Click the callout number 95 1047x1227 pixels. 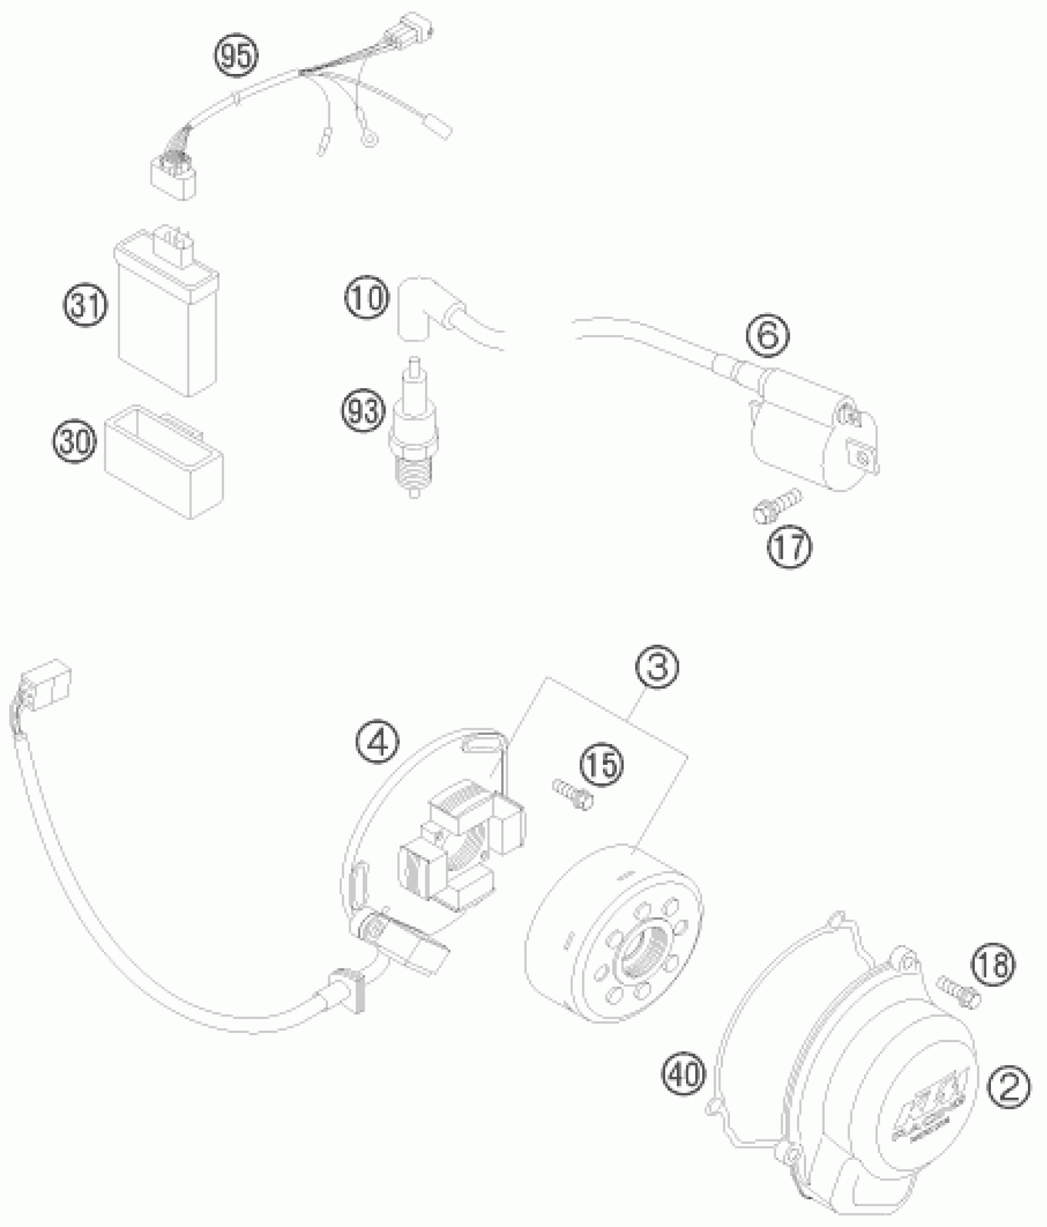coord(237,57)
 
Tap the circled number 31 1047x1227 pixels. coord(85,306)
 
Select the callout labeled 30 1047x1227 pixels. coord(75,442)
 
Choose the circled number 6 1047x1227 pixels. coord(767,336)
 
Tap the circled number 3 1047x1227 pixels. coord(658,669)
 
